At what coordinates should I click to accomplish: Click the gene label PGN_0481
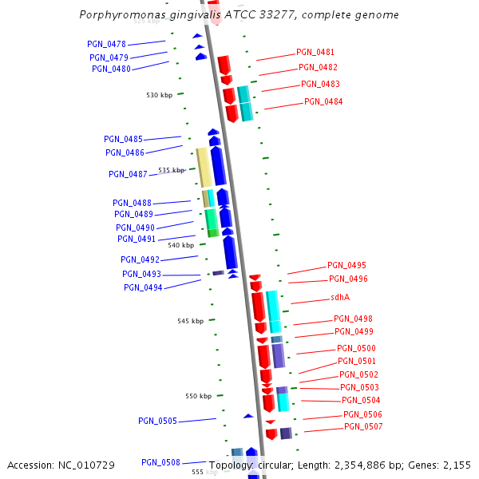[x=315, y=52]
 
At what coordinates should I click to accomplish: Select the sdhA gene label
[x=340, y=297]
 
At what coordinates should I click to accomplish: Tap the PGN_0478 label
[x=106, y=44]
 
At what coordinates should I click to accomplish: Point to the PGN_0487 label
[x=128, y=174]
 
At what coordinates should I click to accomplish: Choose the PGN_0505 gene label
[x=157, y=421]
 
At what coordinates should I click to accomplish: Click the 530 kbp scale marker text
[x=159, y=95]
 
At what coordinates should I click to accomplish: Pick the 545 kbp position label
[x=190, y=321]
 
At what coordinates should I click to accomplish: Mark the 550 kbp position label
[x=198, y=396]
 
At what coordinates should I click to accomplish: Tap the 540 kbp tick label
[x=180, y=246]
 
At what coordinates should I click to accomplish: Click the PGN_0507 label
[x=363, y=427]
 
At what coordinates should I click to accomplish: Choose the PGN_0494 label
[x=143, y=287]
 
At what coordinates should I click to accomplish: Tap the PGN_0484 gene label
[x=323, y=101]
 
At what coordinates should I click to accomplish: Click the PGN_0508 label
[x=160, y=462]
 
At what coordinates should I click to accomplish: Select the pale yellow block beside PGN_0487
[x=204, y=168]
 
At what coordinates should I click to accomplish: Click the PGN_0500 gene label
[x=356, y=348]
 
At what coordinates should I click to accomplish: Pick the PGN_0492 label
[x=140, y=259]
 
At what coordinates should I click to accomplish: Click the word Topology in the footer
[x=232, y=465]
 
